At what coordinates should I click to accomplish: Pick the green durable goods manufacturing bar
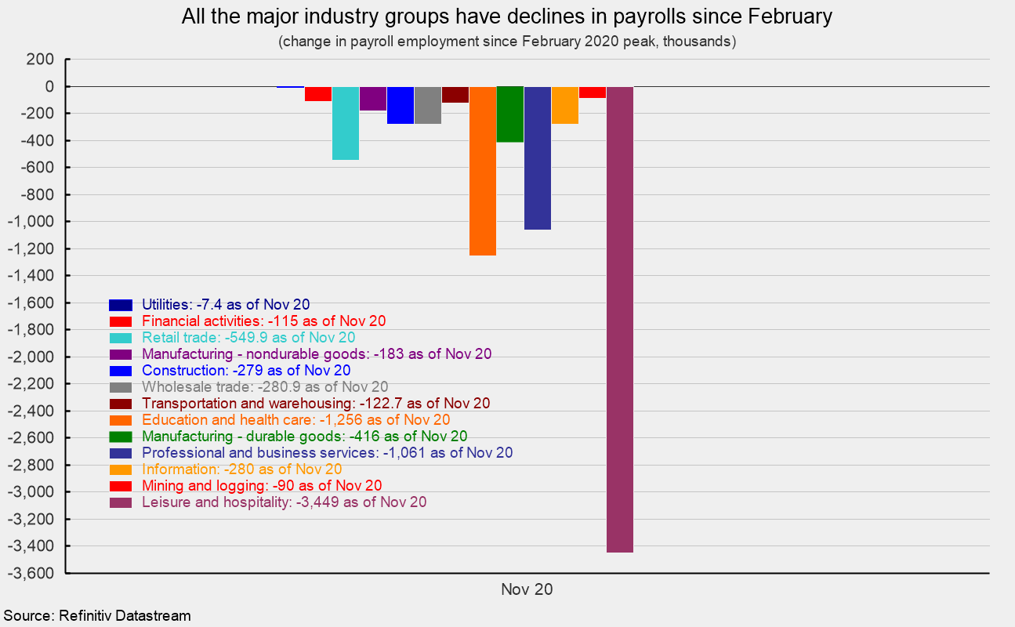pyautogui.click(x=510, y=114)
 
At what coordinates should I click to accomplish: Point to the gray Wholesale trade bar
pyautogui.click(x=428, y=105)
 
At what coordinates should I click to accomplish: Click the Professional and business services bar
pyautogui.click(x=538, y=158)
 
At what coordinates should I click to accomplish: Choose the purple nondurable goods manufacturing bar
pyautogui.click(x=373, y=99)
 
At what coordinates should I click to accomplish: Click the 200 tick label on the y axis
pyautogui.click(x=42, y=60)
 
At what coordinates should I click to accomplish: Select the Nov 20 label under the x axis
pyautogui.click(x=527, y=590)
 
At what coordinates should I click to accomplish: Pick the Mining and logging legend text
pyautogui.click(x=262, y=486)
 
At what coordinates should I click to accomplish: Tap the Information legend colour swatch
pyautogui.click(x=120, y=469)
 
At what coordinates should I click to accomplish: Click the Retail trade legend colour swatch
pyautogui.click(x=120, y=338)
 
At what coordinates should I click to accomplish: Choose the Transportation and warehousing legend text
pyautogui.click(x=316, y=404)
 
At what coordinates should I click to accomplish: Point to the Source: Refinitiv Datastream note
pyautogui.click(x=97, y=616)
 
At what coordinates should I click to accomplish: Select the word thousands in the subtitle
pyautogui.click(x=698, y=42)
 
